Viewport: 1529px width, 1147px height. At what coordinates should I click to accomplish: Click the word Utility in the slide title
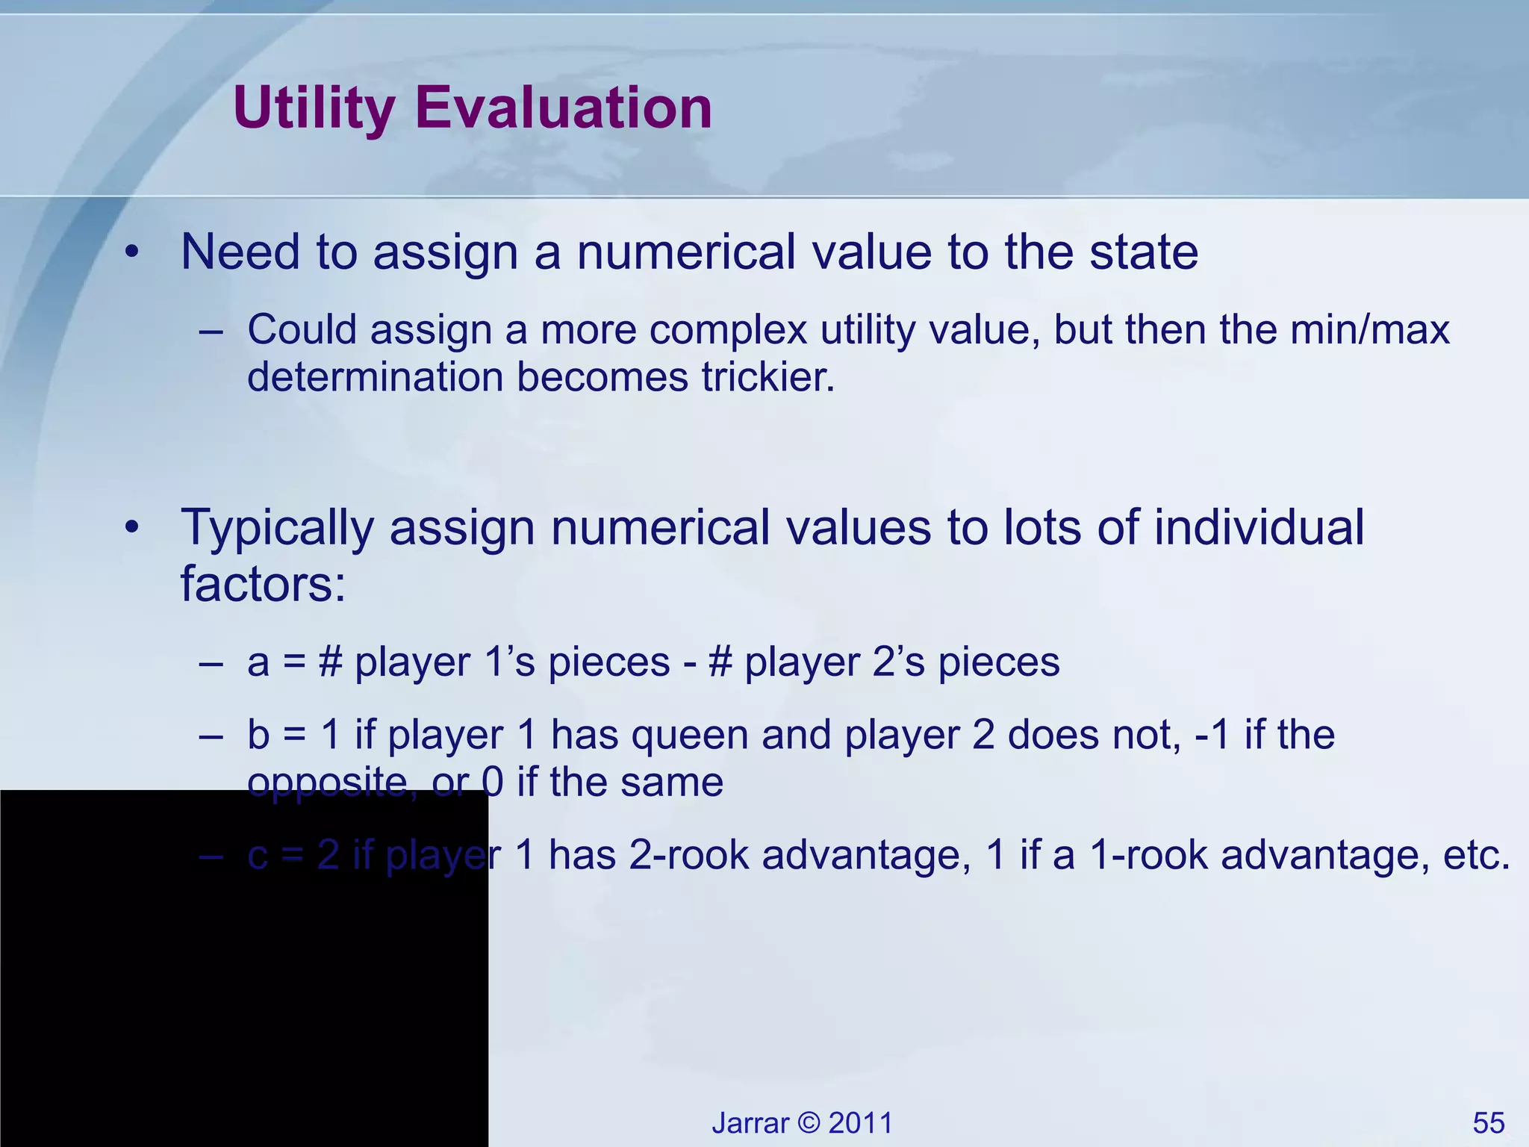(x=314, y=108)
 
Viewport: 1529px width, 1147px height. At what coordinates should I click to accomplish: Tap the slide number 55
(x=1489, y=1123)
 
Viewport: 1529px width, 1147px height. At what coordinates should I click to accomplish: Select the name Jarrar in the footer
(x=750, y=1123)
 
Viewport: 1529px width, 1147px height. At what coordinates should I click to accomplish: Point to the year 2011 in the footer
(x=861, y=1123)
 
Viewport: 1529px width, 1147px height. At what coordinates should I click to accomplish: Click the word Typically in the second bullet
(x=277, y=528)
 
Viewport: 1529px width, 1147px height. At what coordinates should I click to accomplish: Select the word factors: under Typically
(x=264, y=583)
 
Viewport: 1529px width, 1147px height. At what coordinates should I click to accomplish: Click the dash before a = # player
(x=211, y=663)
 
